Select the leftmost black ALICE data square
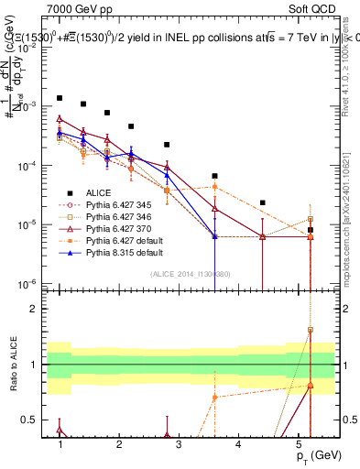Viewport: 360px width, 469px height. coord(60,97)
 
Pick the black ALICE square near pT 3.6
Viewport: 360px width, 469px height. coord(214,176)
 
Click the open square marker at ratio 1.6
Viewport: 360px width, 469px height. coord(311,330)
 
